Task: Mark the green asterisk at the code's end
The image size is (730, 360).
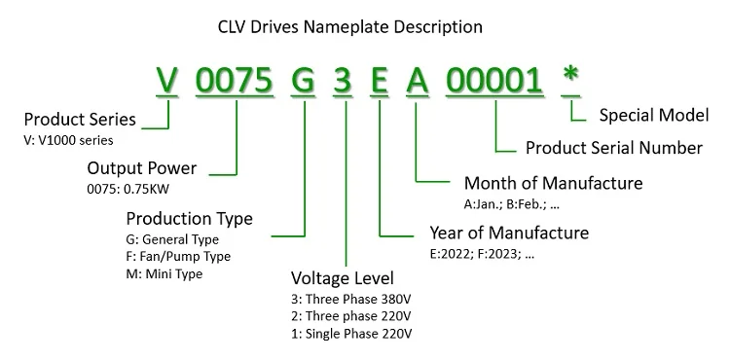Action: tap(572, 78)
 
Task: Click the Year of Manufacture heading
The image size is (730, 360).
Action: tap(508, 233)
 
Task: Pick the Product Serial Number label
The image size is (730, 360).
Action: tap(613, 148)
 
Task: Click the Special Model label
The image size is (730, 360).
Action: tap(653, 116)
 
